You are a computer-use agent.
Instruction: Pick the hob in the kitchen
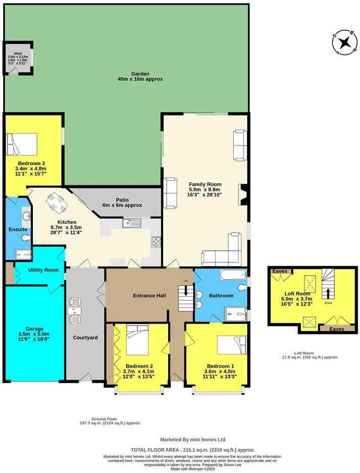tap(156, 242)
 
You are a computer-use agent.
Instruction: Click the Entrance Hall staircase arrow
tap(185, 291)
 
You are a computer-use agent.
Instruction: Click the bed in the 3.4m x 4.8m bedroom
tap(22, 144)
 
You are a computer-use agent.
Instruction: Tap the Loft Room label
tap(298, 293)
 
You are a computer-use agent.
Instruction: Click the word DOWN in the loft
tap(328, 303)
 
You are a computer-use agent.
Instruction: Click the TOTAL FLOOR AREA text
tap(192, 449)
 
